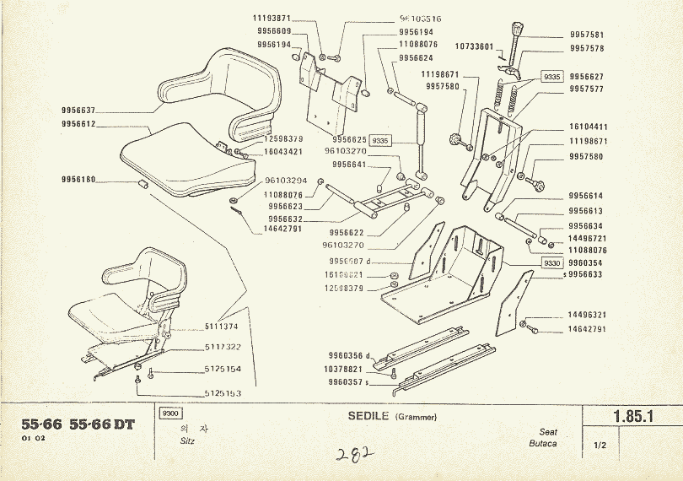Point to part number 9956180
[x=78, y=180]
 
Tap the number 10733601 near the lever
[x=474, y=46]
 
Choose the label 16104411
[x=587, y=127]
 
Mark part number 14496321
[x=587, y=316]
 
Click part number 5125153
[x=222, y=394]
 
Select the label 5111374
[x=222, y=326]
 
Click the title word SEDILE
[x=368, y=415]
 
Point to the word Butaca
[x=542, y=444]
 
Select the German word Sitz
[x=187, y=441]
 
